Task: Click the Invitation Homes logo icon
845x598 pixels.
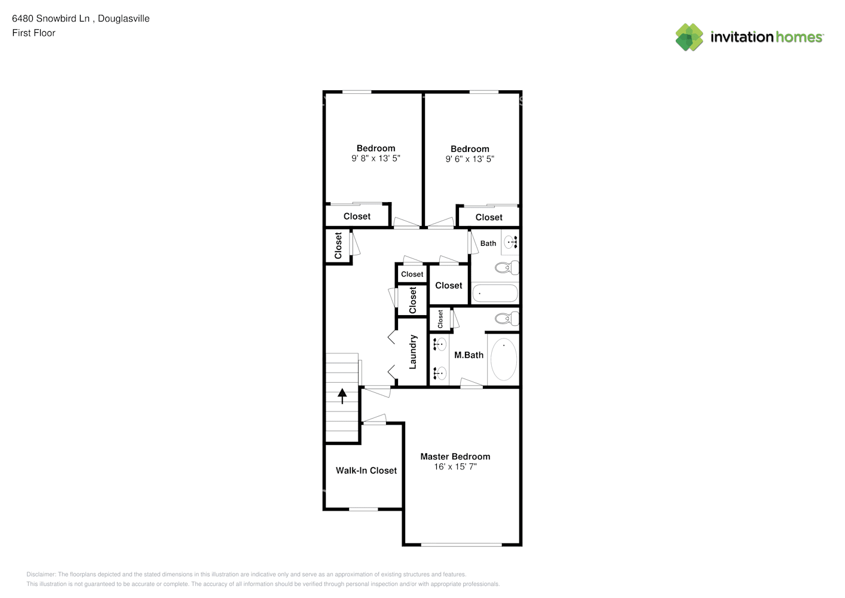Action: [689, 37]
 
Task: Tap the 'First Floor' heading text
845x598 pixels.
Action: [33, 33]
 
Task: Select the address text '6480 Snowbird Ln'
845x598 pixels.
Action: [51, 19]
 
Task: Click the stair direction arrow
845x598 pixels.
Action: [342, 396]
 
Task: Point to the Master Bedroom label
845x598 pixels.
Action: [455, 456]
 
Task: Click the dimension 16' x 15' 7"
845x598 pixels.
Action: [455, 466]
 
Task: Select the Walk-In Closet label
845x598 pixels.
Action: [366, 471]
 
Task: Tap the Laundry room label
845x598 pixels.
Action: [412, 352]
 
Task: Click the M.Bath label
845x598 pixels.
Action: [469, 355]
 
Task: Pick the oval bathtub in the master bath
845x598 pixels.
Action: [503, 359]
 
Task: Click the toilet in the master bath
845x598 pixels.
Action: [507, 319]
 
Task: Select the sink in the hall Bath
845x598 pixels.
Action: [511, 242]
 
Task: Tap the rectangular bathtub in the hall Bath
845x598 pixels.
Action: [495, 293]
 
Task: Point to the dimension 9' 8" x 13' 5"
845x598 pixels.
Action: [375, 159]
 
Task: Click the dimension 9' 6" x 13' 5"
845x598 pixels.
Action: [470, 159]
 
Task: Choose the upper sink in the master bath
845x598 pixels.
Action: [440, 344]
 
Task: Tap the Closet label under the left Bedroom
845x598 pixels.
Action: [357, 216]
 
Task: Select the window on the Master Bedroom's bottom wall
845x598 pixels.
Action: [461, 544]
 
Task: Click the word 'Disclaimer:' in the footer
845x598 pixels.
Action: [41, 574]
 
